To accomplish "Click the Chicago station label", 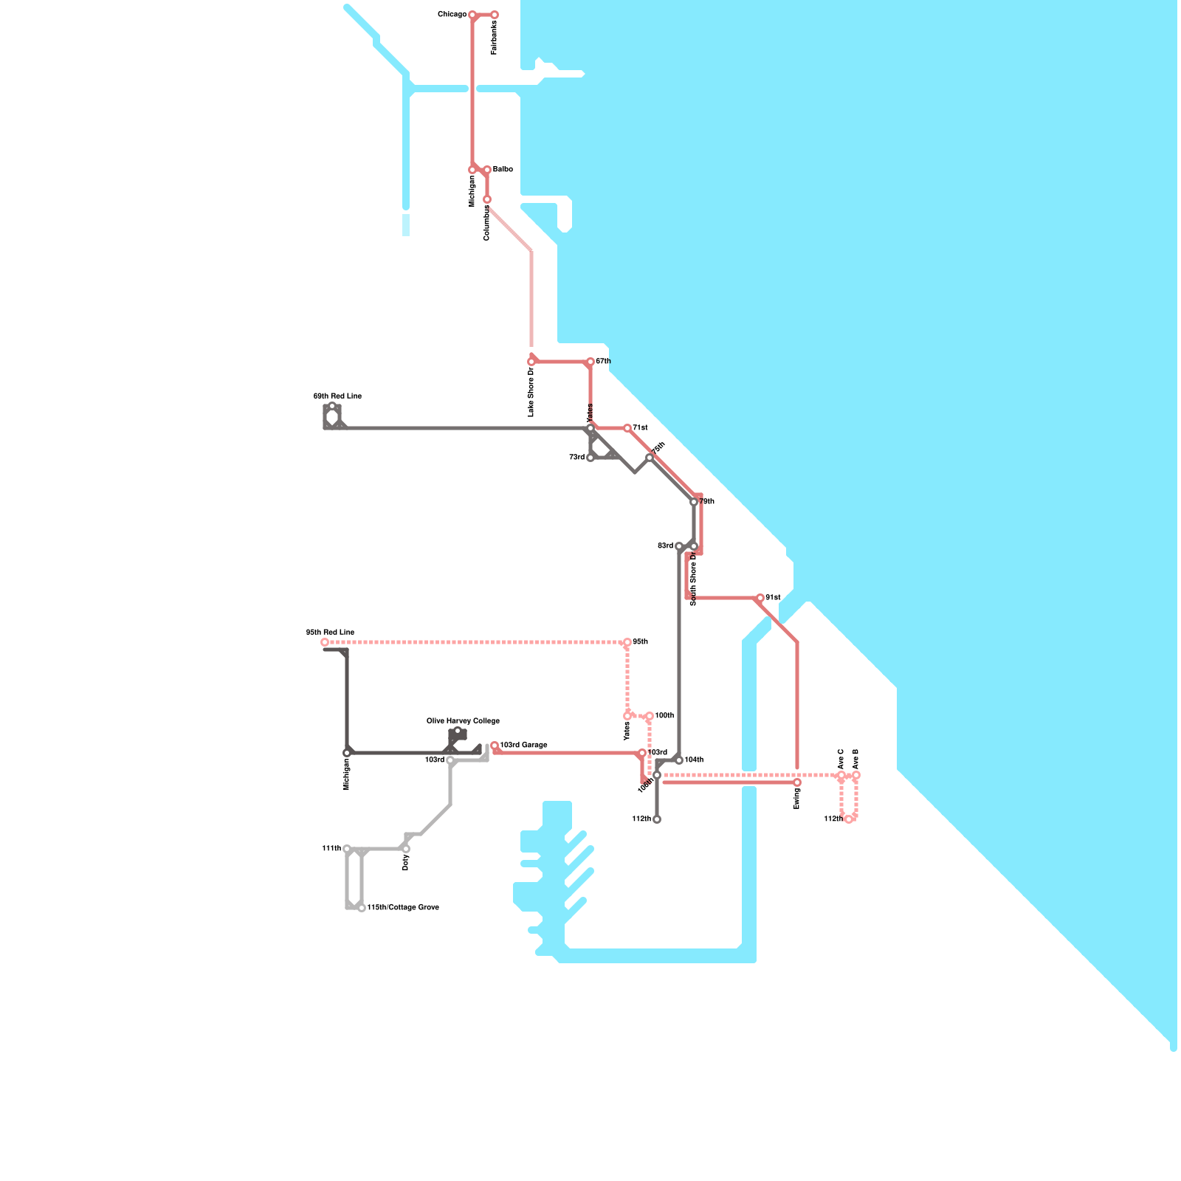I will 452,15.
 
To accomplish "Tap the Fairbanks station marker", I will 495,15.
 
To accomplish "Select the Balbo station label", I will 503,170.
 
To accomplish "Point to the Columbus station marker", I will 487,199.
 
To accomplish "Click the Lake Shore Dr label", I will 531,392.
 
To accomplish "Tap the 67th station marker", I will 590,362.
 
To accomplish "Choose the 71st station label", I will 640,428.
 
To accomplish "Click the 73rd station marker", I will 590,458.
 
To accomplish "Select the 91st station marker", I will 760,598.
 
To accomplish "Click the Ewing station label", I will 797,799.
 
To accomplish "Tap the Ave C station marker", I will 841,775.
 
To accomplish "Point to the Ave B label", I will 856,759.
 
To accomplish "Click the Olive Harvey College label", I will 463,721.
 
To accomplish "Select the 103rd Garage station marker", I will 495,746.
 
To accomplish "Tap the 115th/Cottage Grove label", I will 403,907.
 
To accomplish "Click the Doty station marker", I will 406,849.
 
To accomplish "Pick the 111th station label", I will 331,849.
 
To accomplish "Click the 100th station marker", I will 650,716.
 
